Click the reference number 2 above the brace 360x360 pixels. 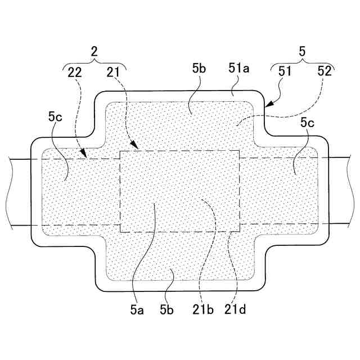click(94, 51)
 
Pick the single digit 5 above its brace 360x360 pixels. click(302, 51)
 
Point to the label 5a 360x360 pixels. click(137, 308)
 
